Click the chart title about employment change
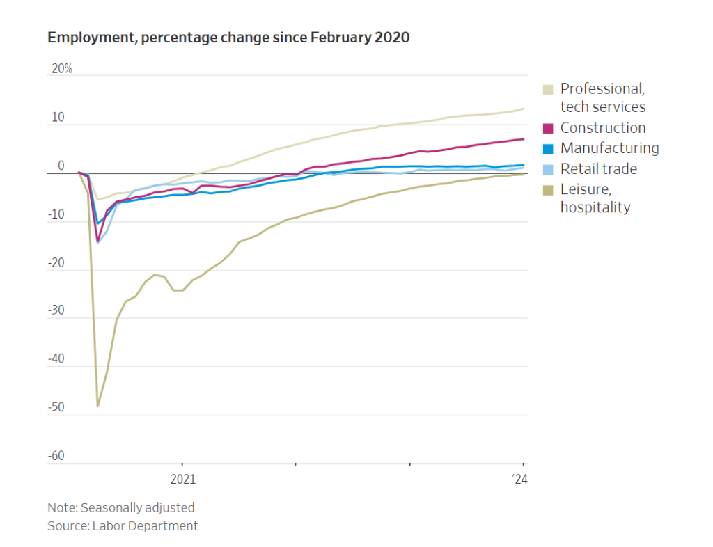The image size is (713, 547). pyautogui.click(x=228, y=38)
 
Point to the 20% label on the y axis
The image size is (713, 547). pyautogui.click(x=61, y=70)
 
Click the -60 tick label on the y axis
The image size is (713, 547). pyautogui.click(x=56, y=457)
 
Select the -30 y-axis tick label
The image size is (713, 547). pyautogui.click(x=56, y=311)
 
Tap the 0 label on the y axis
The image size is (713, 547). pyautogui.click(x=61, y=166)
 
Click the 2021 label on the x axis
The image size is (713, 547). pyautogui.click(x=182, y=479)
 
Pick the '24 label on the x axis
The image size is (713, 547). pyautogui.click(x=519, y=479)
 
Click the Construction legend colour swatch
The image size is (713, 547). pyautogui.click(x=548, y=128)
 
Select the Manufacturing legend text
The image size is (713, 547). pyautogui.click(x=609, y=148)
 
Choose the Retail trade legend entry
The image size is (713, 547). pyautogui.click(x=598, y=169)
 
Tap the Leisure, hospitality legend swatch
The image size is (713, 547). pyautogui.click(x=548, y=190)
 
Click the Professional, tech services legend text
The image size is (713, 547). pyautogui.click(x=603, y=97)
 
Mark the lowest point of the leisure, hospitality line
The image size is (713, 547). pyautogui.click(x=97, y=406)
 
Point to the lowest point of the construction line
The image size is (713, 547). pyautogui.click(x=97, y=241)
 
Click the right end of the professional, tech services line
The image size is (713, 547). pyautogui.click(x=524, y=109)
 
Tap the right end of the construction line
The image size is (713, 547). pyautogui.click(x=524, y=139)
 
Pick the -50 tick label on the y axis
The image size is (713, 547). pyautogui.click(x=56, y=408)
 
